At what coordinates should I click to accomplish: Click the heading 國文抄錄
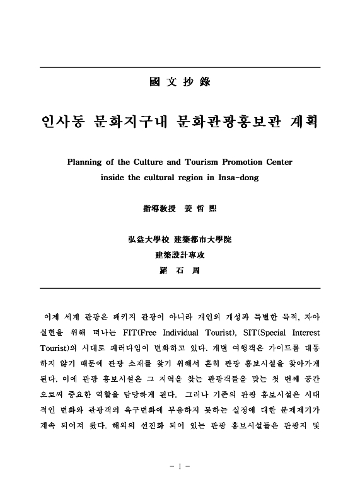pyautogui.click(x=180, y=82)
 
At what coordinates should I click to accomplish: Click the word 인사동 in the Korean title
pyautogui.click(x=64, y=122)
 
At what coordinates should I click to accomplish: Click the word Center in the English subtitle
pyautogui.click(x=277, y=162)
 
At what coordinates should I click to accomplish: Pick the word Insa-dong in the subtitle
pyautogui.click(x=236, y=177)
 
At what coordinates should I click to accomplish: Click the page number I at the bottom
pyautogui.click(x=180, y=467)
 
